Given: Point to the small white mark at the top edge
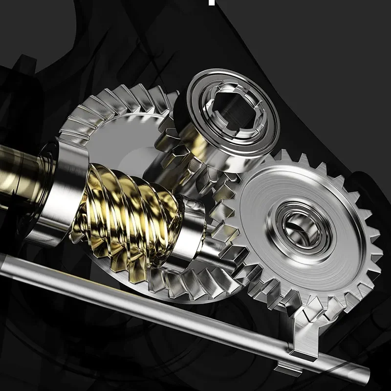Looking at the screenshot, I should point(212,2).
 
